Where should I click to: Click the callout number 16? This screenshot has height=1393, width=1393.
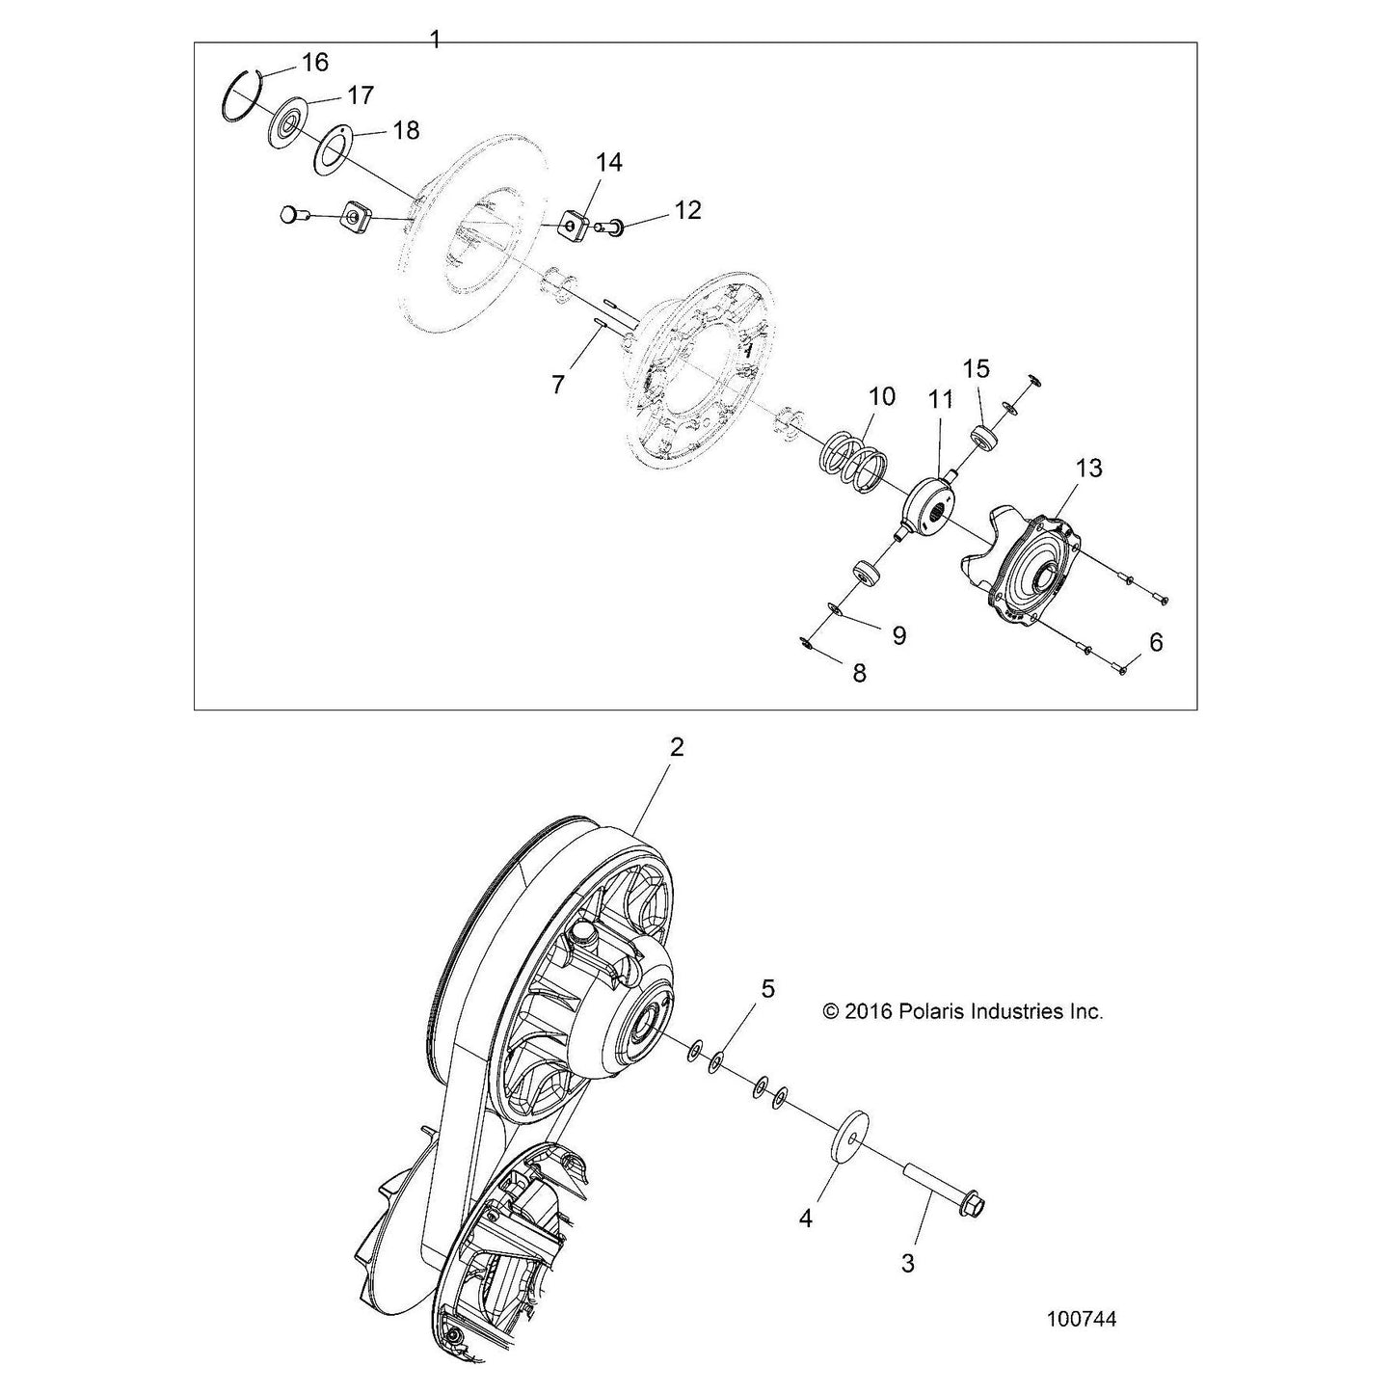[314, 62]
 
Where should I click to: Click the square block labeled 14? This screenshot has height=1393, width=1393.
[576, 228]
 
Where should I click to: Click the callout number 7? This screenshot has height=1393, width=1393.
[557, 385]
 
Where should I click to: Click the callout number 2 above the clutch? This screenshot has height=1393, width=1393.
[676, 747]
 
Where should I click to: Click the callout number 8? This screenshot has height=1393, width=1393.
[859, 674]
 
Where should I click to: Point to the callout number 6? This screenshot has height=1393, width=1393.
[1156, 641]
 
